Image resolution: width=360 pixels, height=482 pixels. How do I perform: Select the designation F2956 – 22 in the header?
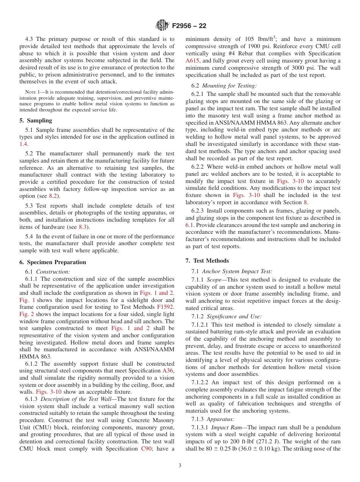189,26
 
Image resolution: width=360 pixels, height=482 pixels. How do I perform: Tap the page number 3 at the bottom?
180,465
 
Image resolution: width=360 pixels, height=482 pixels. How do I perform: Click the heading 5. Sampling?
36,121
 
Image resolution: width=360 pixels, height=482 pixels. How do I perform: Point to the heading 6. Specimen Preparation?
53,262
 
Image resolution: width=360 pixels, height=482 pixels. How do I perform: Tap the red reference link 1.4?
23,144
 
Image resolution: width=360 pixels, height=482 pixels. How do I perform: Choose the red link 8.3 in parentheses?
83,227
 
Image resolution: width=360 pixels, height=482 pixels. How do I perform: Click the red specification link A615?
192,61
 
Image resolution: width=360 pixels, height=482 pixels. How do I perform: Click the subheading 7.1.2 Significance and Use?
227,316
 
